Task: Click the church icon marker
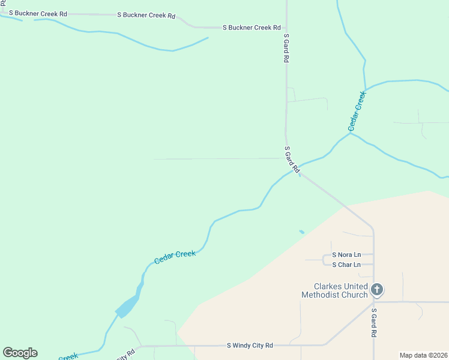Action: coord(376,290)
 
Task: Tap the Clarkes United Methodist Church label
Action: coord(334,290)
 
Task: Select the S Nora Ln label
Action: coord(346,255)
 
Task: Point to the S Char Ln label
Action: coord(346,265)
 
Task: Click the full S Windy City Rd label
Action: coord(250,346)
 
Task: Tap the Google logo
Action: coord(20,353)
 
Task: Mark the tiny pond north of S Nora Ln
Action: coord(301,232)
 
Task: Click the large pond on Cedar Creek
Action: coord(128,307)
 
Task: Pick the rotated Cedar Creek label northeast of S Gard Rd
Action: coord(357,112)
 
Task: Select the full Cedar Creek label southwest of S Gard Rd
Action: coord(175,257)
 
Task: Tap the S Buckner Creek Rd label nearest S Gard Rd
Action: coord(252,28)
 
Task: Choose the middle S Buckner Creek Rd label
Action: coord(146,14)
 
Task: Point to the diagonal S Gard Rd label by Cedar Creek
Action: coord(292,160)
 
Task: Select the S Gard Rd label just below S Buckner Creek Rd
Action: coord(287,49)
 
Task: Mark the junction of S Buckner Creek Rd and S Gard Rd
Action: coord(286,28)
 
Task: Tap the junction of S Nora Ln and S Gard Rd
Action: coord(373,254)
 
